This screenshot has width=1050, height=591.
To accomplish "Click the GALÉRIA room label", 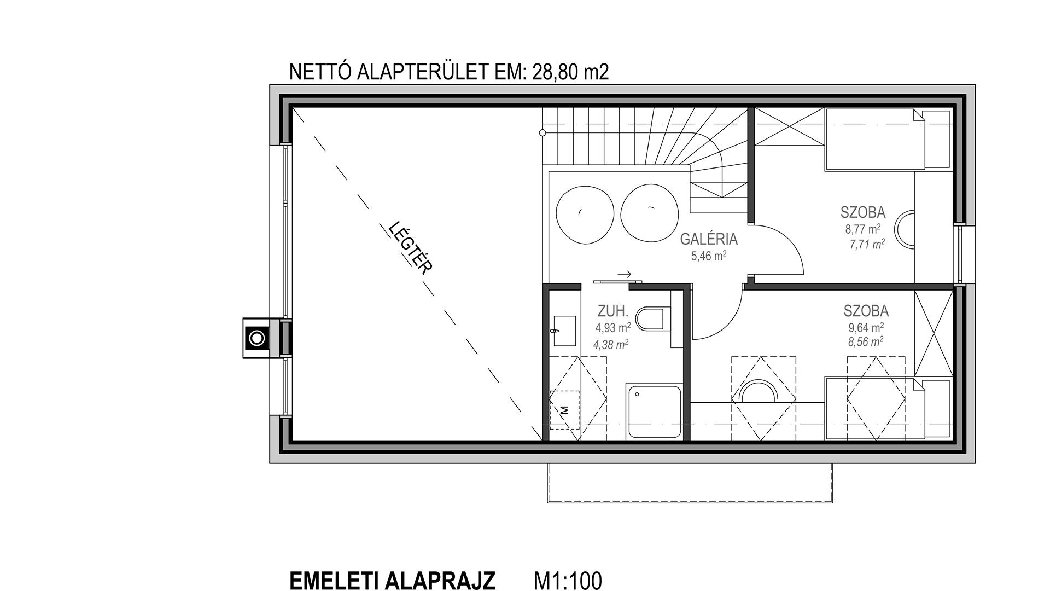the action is (x=709, y=239).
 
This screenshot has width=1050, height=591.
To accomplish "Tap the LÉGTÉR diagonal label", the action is (x=411, y=247).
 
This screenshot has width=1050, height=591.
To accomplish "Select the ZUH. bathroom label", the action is (x=612, y=311).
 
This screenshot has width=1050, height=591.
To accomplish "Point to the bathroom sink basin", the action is (x=565, y=331).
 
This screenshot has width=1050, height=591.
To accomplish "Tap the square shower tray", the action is (x=654, y=411).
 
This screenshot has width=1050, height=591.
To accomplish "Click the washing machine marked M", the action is (x=564, y=409).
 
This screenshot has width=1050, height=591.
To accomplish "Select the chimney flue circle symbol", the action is (x=256, y=338).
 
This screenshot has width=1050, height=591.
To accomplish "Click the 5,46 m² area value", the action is (x=709, y=256).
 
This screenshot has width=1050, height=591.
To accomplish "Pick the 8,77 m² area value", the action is (x=863, y=229).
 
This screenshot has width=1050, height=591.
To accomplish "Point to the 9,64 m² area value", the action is (x=866, y=327).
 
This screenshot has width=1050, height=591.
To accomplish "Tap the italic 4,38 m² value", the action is (x=611, y=345).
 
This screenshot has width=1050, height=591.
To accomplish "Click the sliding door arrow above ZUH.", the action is (x=625, y=274).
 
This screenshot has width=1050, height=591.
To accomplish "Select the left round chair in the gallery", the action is (x=584, y=215).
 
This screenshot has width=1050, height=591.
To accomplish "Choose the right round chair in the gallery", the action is (x=650, y=212).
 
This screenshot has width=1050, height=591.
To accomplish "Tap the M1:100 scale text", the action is (x=568, y=580).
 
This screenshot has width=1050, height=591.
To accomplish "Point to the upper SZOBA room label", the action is (x=863, y=212).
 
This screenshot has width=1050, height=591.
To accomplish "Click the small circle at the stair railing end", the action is (x=542, y=132).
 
